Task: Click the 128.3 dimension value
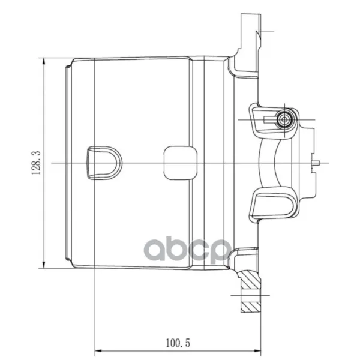point(36,163)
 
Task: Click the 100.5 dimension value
point(178,343)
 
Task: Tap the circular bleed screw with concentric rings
point(284,119)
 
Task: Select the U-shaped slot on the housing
point(104,163)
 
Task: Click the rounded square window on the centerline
point(181,163)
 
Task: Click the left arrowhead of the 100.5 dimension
point(98,351)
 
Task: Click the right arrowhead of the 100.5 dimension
point(257,351)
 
